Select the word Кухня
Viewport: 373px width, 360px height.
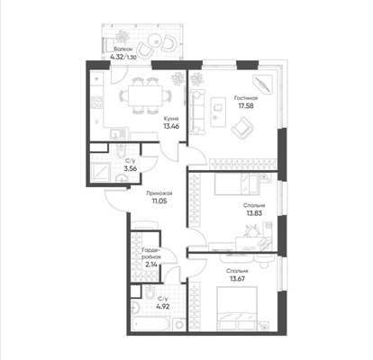click(170, 118)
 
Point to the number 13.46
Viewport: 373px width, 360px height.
click(170, 127)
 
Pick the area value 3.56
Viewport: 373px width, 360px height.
click(131, 167)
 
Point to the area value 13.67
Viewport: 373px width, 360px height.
click(238, 277)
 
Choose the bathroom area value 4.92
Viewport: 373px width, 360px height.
click(162, 308)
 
